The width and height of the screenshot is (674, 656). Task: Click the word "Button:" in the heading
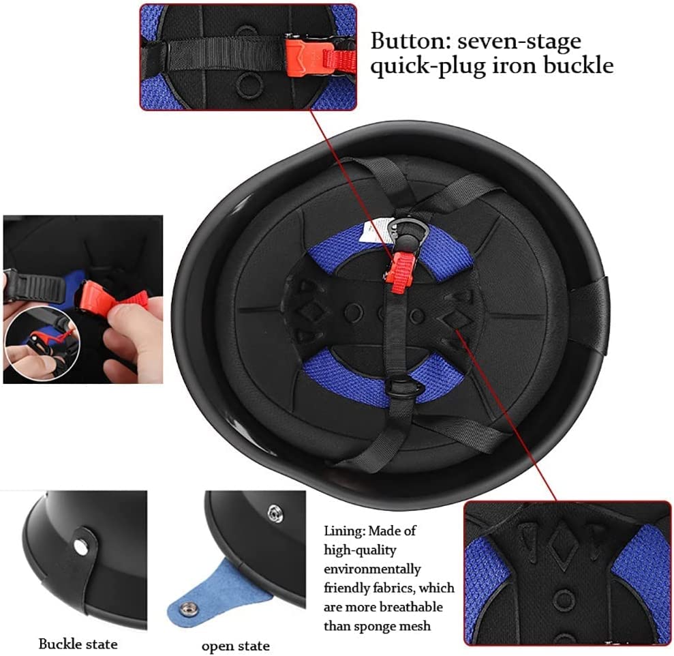tap(410, 42)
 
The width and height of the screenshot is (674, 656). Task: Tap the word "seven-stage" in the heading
tap(519, 42)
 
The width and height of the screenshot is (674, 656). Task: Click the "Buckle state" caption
tap(78, 644)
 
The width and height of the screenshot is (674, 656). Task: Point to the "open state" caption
tap(236, 646)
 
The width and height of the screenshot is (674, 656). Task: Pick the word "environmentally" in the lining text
tap(372, 569)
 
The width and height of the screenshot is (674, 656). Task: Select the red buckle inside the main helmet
tap(401, 272)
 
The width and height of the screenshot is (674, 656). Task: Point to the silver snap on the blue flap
tap(188, 608)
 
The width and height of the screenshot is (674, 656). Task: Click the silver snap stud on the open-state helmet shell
tap(275, 513)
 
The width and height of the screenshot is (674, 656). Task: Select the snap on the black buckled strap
tap(80, 547)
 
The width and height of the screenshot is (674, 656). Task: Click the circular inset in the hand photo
tap(42, 343)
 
